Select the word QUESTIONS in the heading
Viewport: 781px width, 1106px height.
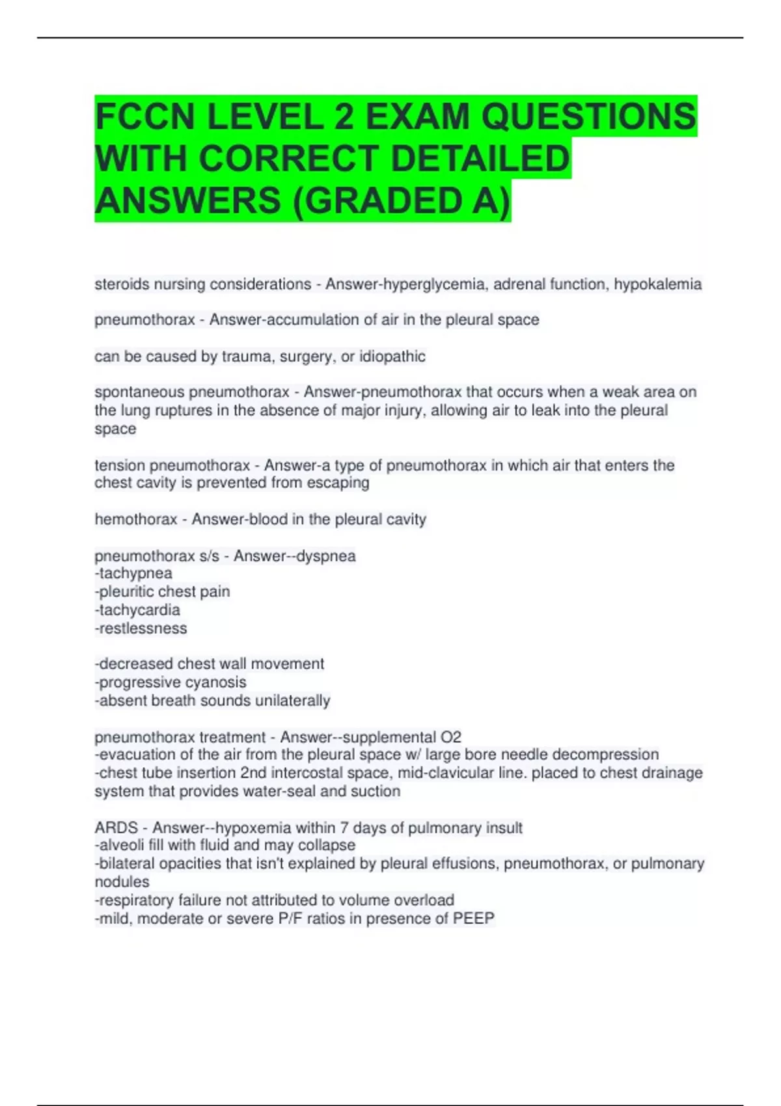[588, 117]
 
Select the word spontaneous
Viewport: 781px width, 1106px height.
[139, 392]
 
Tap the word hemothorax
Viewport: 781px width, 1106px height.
[136, 519]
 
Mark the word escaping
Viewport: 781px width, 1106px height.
[340, 483]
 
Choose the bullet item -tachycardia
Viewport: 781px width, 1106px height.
[137, 610]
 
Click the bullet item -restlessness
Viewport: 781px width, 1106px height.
[141, 628]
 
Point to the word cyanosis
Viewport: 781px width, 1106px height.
[217, 682]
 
